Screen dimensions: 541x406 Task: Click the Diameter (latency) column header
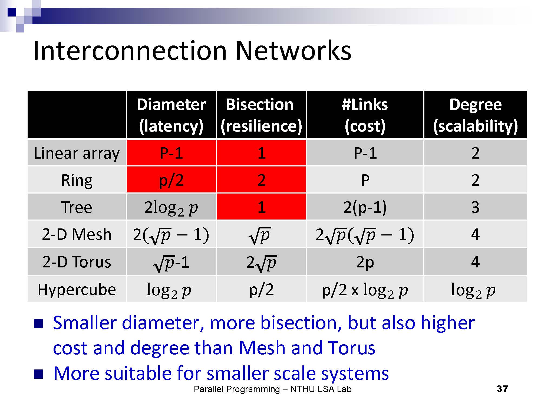[171, 115]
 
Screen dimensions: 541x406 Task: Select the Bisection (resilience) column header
[261, 115]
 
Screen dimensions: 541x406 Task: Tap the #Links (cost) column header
[365, 115]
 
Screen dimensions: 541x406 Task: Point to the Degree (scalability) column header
[475, 115]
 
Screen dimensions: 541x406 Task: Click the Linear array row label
[77, 153]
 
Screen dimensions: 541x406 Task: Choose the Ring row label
[77, 180]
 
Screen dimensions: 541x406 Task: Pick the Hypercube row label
[77, 290]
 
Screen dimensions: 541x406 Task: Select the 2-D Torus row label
[77, 262]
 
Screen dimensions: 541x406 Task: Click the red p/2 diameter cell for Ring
[171, 180]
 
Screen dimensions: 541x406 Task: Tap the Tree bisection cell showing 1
[261, 207]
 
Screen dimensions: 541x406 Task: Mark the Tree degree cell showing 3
[475, 207]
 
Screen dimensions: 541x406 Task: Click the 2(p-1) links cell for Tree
[365, 207]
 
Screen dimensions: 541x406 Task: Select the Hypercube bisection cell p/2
[261, 289]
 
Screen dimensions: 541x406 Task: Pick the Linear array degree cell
[475, 153]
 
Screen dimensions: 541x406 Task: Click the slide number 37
[502, 389]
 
